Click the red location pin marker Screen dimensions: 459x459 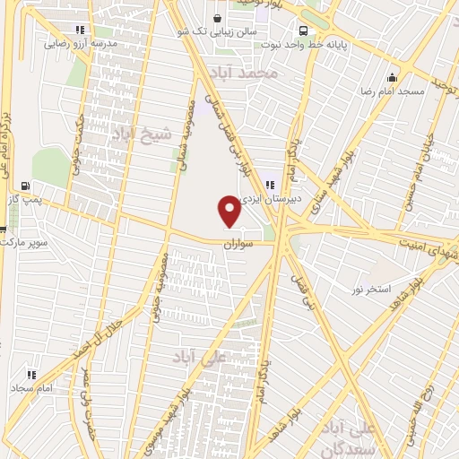pos(229,212)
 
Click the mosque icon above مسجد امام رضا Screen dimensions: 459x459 pos(391,77)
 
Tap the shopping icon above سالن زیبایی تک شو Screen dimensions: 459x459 pos(217,17)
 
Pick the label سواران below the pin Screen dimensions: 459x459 pos(239,244)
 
